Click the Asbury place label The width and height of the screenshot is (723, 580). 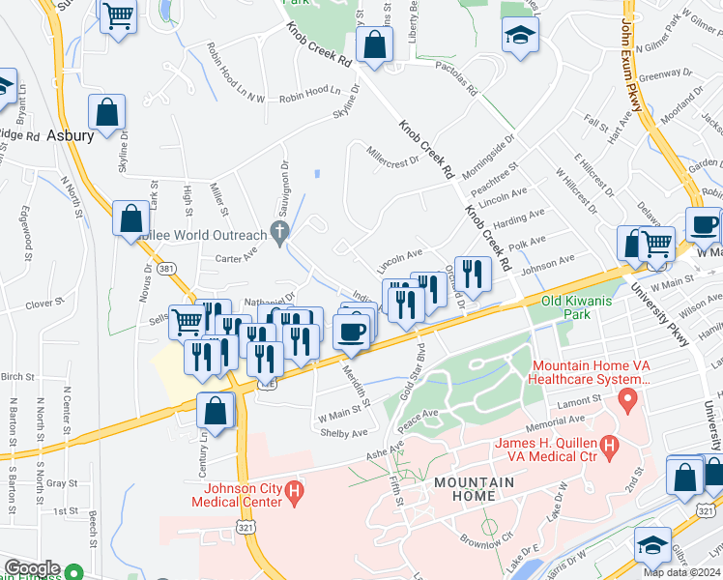coord(72,136)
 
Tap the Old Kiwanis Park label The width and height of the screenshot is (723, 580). coord(578,307)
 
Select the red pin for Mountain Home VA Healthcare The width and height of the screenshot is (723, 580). coord(629,398)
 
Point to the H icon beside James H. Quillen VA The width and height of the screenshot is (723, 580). coord(609,445)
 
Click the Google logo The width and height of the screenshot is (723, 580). coord(32,568)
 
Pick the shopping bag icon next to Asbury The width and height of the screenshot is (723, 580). coord(107,112)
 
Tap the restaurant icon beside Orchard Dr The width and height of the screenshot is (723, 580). coord(472,274)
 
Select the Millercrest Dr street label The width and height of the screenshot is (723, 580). coord(392,155)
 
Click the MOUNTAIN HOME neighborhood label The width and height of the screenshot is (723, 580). coord(466,488)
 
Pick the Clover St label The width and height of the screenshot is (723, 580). coord(43,304)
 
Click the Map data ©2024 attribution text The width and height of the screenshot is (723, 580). coord(681,572)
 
